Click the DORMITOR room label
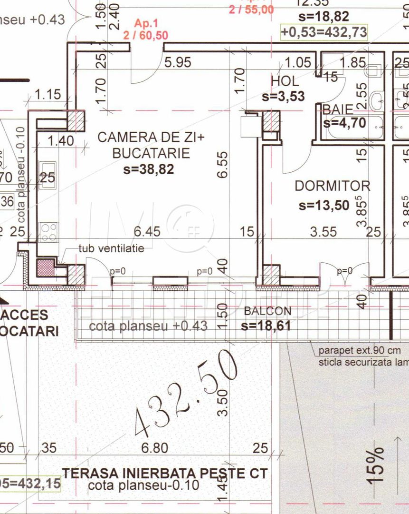[x=332, y=186]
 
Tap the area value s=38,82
[x=148, y=169]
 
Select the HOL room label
[x=285, y=81]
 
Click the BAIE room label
[x=338, y=109]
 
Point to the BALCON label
[x=267, y=311]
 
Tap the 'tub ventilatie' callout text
[x=111, y=248]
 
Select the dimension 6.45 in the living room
[x=147, y=232]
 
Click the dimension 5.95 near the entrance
[x=178, y=62]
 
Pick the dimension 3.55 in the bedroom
[x=323, y=232]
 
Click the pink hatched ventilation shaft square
[x=46, y=267]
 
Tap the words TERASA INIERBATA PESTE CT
[x=165, y=474]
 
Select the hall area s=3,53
[x=283, y=97]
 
